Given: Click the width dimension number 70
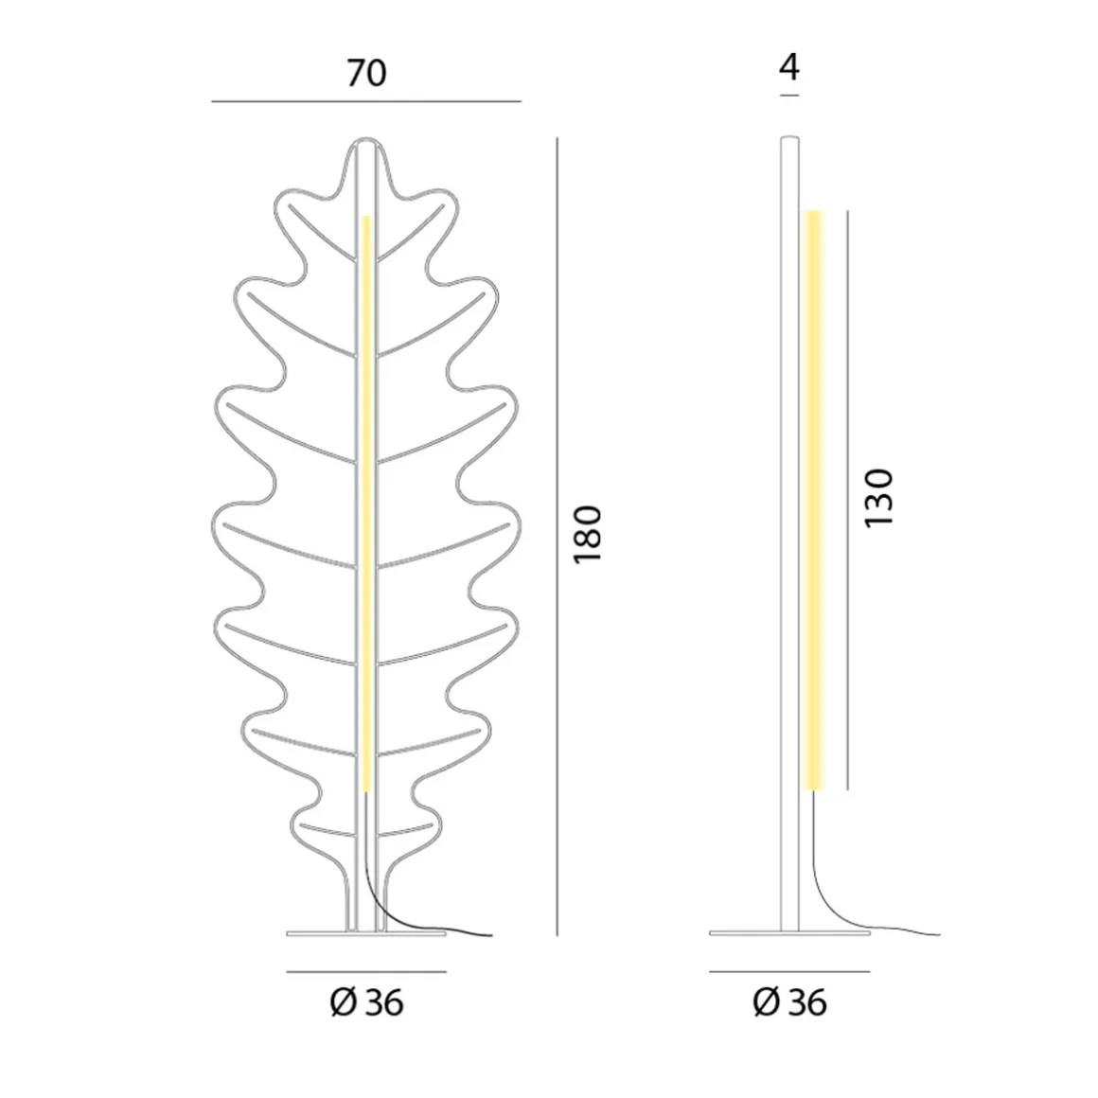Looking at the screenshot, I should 366,73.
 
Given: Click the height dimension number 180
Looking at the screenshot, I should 589,535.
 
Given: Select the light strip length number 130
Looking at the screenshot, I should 878,498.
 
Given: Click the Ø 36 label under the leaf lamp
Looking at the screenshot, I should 366,1002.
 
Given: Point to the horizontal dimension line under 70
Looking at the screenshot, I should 366,101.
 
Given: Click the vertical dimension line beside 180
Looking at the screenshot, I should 558,535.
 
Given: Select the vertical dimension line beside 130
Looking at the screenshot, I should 847,498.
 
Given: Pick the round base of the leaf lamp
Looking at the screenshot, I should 366,933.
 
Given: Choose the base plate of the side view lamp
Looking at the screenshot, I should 788,933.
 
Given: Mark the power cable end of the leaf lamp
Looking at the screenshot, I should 489,936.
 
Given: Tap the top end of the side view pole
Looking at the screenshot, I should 788,141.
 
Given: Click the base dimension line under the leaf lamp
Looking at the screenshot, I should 366,971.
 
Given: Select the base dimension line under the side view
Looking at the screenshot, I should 788,971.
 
